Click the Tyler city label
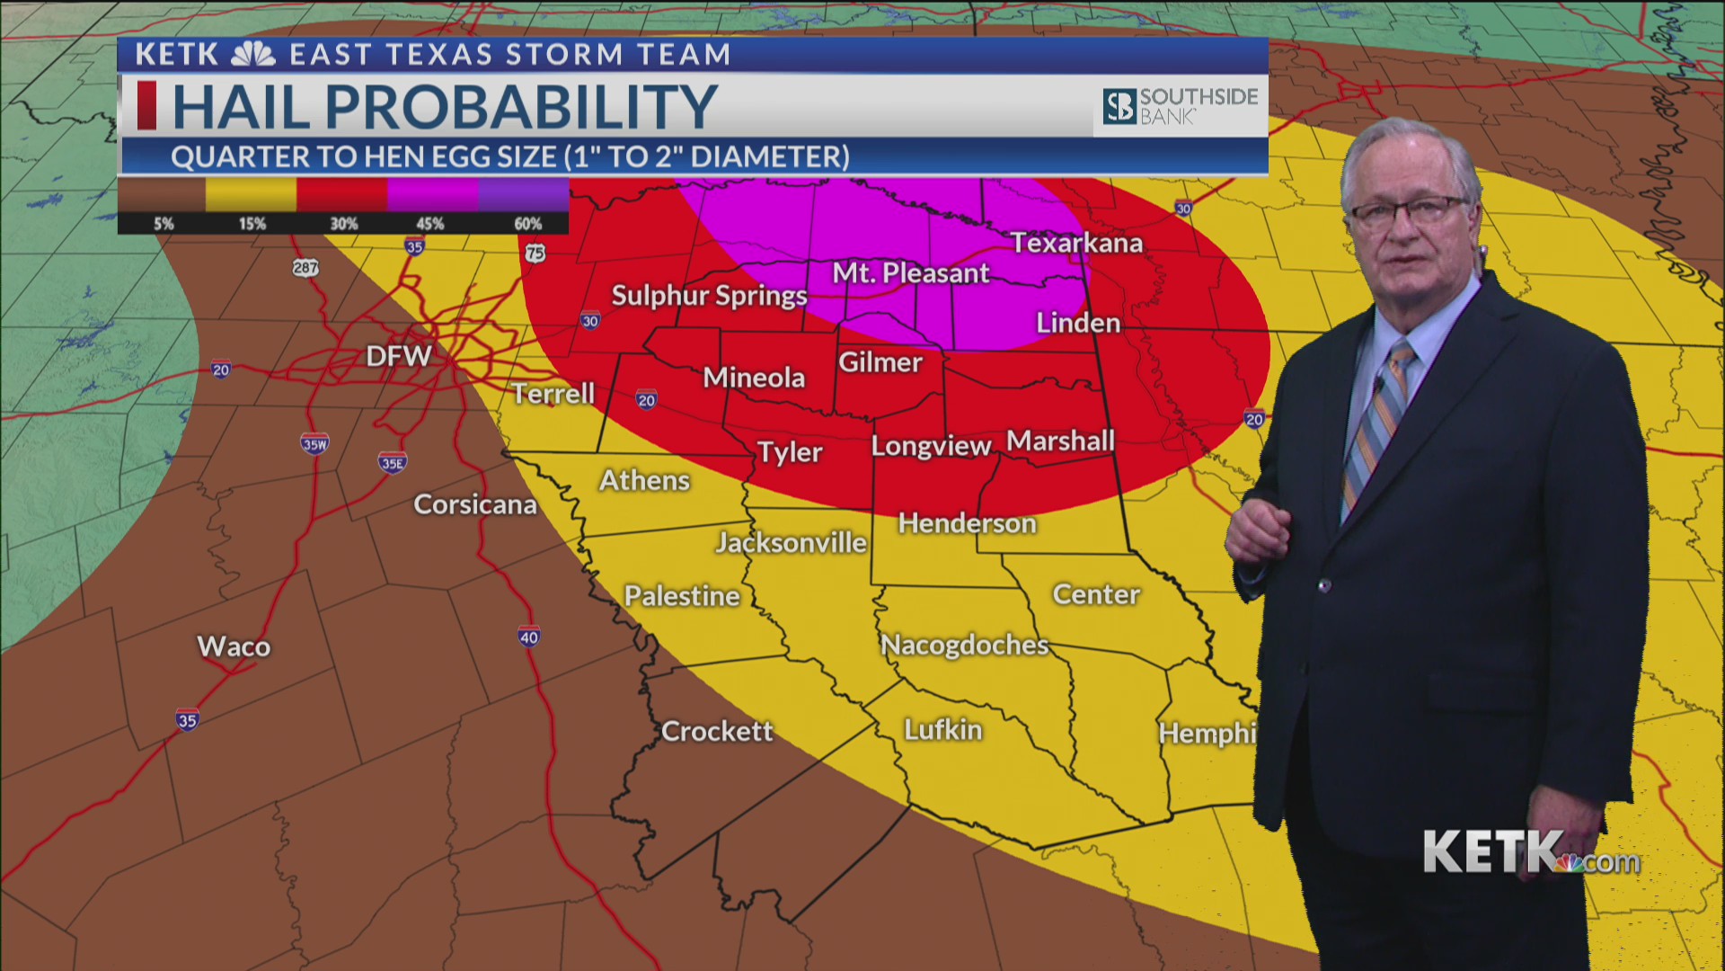[789, 451]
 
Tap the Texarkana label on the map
[1076, 243]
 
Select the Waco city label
[234, 646]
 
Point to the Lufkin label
[942, 729]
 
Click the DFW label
[398, 356]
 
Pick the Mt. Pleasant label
[910, 272]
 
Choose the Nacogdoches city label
[964, 645]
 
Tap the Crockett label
[716, 731]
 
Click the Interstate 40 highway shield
[529, 637]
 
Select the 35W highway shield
[314, 444]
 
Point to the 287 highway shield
[305, 268]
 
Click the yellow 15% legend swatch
[252, 194]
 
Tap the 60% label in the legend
[527, 224]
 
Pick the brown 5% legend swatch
[162, 194]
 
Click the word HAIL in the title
[241, 107]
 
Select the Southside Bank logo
[1180, 106]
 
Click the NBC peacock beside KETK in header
[253, 55]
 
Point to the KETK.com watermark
[1531, 852]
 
